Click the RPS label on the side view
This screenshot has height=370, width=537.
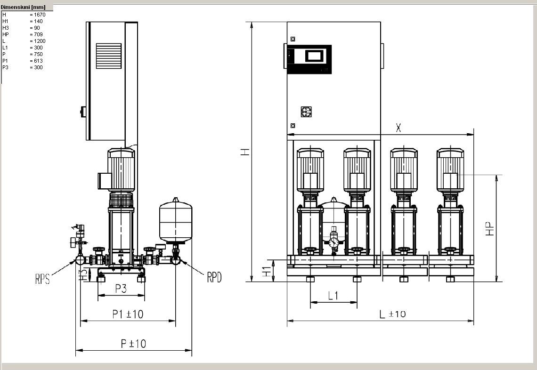tap(42, 279)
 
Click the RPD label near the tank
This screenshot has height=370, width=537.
tap(214, 277)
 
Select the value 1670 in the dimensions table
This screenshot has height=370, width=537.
tap(40, 15)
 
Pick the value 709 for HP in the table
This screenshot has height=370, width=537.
tap(38, 34)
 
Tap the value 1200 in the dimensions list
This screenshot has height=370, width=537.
tap(40, 41)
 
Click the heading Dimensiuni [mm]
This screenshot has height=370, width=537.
tap(23, 7)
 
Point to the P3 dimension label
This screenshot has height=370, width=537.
tap(121, 289)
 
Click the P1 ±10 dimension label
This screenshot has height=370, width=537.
tap(128, 314)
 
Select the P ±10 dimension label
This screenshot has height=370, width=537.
tap(134, 343)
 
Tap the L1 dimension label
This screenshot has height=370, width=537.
tap(333, 295)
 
